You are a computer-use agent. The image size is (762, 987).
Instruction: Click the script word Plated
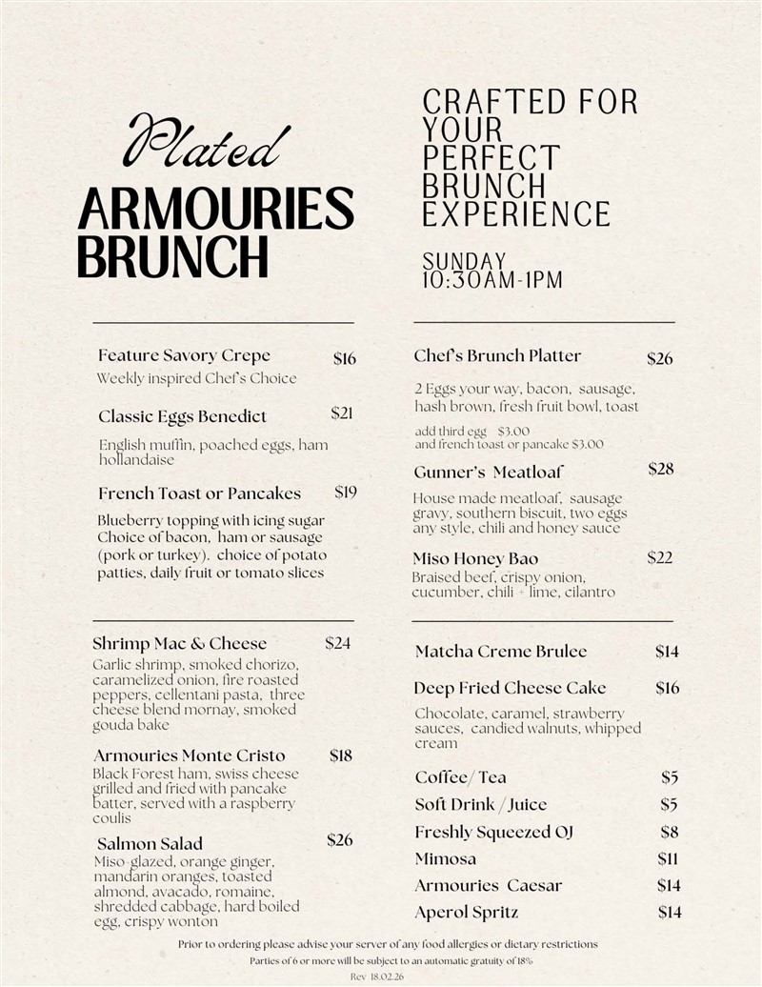point(206,144)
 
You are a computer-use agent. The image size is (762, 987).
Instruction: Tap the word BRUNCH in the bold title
point(172,255)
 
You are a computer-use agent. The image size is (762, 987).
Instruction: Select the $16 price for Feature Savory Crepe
point(345,358)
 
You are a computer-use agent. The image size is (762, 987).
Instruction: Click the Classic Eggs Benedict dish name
point(182,416)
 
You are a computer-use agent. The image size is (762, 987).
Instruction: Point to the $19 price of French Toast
point(346,493)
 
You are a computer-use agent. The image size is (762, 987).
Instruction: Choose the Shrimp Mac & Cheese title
point(179,643)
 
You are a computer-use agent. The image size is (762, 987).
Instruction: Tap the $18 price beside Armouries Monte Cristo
point(341,755)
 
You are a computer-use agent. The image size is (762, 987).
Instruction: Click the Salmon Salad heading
point(150,843)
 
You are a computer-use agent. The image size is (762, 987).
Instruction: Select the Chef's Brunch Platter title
point(497,355)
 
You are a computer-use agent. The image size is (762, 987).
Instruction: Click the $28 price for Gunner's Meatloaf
point(661,469)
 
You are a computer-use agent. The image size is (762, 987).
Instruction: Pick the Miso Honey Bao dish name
point(475,558)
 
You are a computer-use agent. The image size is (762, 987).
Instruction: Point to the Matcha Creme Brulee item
point(501,652)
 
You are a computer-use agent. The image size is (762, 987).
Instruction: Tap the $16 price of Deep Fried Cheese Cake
point(668,688)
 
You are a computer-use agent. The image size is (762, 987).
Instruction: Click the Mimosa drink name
point(445,859)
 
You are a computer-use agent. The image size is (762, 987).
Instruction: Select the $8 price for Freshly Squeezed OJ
point(670,832)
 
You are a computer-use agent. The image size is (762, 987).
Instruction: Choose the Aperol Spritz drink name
point(467,913)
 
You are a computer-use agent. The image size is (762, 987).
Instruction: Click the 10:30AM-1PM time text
point(492,280)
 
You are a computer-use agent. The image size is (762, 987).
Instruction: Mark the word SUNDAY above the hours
point(465,261)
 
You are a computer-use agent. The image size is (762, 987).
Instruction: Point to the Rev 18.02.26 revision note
point(377,977)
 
